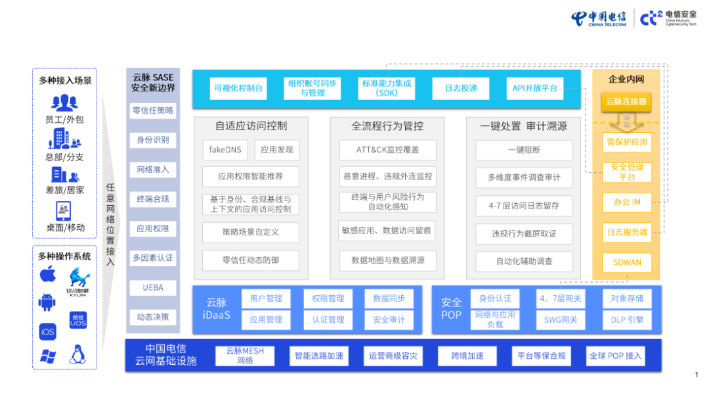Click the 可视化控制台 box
click(238, 88)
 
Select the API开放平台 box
click(535, 88)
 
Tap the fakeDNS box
click(225, 150)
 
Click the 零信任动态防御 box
click(250, 260)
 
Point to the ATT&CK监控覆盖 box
click(387, 150)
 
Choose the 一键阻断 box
click(524, 150)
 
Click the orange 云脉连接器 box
click(626, 102)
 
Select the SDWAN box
click(627, 262)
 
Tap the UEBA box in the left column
click(153, 287)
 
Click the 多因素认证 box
click(153, 258)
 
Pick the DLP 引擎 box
click(626, 320)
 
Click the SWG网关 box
click(561, 320)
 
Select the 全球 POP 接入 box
click(616, 356)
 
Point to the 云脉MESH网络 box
click(245, 356)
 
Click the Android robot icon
click(47, 302)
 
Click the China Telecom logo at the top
click(598, 18)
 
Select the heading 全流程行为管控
click(387, 126)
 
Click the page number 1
click(697, 375)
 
